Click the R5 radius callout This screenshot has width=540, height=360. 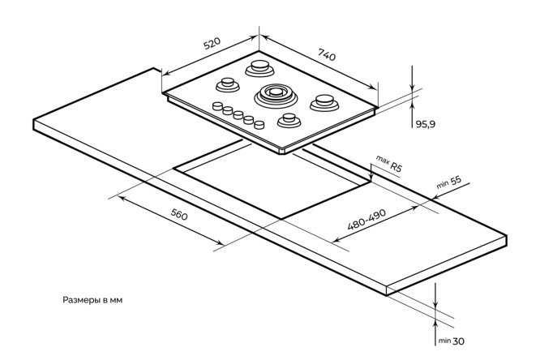pyautogui.click(x=396, y=166)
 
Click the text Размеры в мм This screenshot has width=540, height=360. pyautogui.click(x=93, y=299)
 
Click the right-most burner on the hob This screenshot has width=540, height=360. pyautogui.click(x=324, y=103)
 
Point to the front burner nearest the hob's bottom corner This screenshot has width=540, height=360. pyautogui.click(x=288, y=120)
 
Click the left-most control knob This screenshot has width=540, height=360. pyautogui.click(x=217, y=106)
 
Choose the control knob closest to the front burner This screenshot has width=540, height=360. pyautogui.click(x=259, y=124)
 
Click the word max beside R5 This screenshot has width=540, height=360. pyautogui.click(x=382, y=160)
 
